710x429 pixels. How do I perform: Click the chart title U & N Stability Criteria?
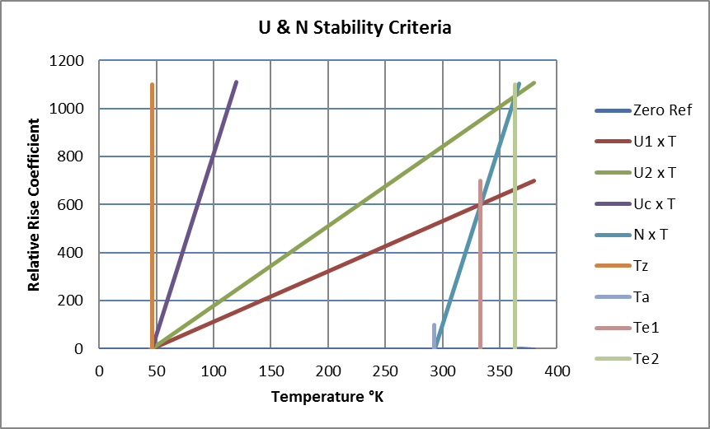355,28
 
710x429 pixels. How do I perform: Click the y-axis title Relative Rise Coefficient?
35,205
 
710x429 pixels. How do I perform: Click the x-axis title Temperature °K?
327,397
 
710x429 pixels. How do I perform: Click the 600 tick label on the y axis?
73,204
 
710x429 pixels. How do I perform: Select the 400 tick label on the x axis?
557,371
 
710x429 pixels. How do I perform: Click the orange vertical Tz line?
153,206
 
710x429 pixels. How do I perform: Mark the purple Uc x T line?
198,206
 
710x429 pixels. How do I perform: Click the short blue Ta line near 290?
435,336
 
